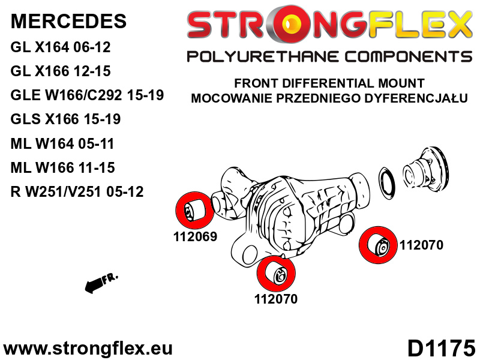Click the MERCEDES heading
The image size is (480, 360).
[68, 21]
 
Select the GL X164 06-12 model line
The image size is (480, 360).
[61, 47]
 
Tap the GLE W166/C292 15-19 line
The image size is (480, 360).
[87, 95]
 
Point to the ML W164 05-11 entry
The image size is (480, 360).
[62, 143]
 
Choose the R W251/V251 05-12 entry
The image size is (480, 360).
[77, 192]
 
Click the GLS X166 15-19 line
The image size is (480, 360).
[65, 119]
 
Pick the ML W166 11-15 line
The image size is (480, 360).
[62, 168]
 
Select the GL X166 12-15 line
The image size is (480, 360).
[61, 71]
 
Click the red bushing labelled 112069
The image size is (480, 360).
[194, 211]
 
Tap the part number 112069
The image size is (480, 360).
[196, 236]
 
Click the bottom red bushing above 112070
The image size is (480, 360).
[276, 274]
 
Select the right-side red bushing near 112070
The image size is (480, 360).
[378, 245]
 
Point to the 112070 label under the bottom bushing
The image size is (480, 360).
[276, 299]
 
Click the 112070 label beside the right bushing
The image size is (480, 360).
[421, 245]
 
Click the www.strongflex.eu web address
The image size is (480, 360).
[88, 349]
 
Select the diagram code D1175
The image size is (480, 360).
[441, 348]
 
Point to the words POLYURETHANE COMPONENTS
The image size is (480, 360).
[329, 56]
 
